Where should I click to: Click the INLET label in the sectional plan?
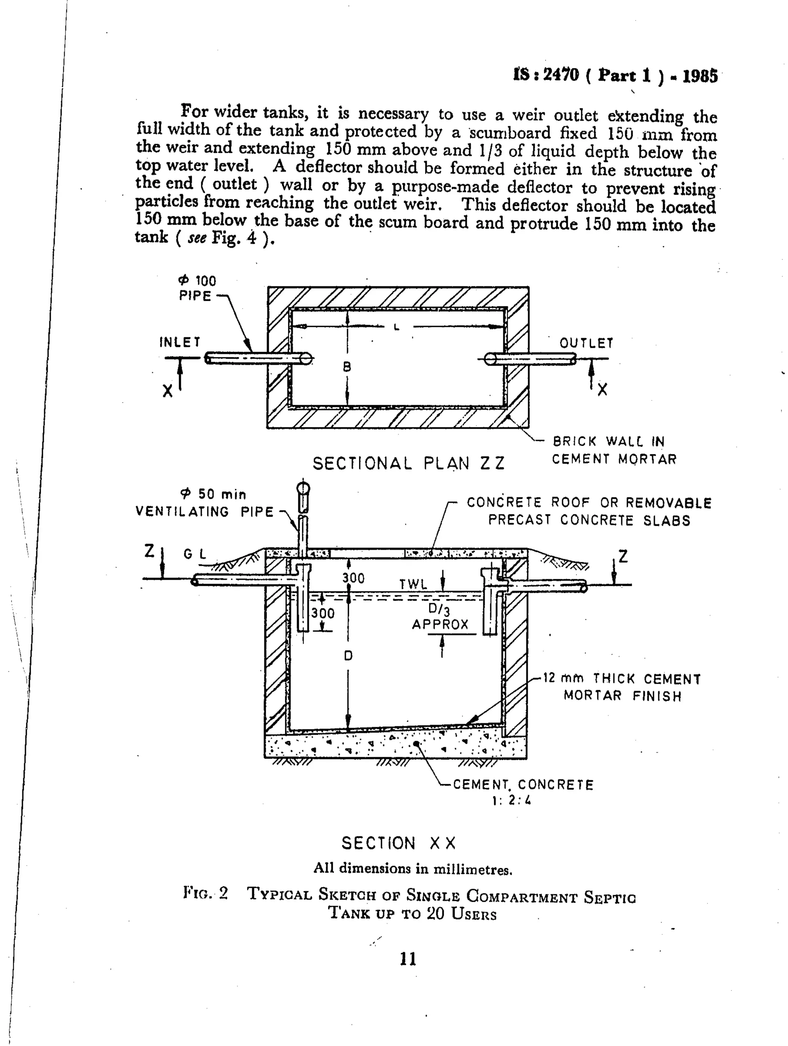(180, 342)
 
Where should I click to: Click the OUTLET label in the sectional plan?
(586, 343)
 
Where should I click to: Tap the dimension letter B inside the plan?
(347, 367)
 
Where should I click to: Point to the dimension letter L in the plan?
(396, 327)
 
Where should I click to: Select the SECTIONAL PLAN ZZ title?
(409, 464)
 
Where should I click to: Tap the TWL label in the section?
(413, 584)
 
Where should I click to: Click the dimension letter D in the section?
(348, 656)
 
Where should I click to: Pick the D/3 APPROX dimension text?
(440, 617)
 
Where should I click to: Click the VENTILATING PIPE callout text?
(204, 511)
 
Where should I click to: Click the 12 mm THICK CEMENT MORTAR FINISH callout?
(622, 687)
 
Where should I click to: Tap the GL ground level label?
(195, 554)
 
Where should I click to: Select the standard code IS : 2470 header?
(615, 75)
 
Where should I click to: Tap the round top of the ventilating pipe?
(303, 487)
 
